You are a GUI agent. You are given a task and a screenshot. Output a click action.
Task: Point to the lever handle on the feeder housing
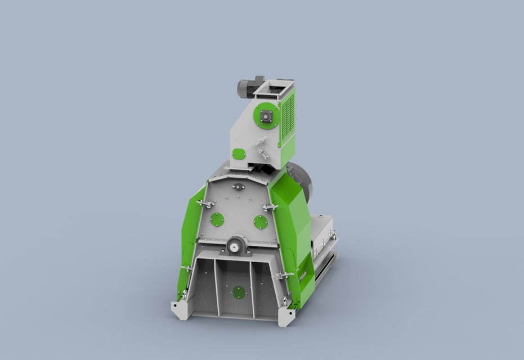point(261,149)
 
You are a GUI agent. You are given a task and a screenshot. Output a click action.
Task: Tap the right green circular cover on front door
point(259,222)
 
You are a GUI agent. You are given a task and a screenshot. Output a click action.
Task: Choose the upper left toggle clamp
point(205,202)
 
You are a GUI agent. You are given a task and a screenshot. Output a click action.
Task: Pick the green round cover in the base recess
point(239,292)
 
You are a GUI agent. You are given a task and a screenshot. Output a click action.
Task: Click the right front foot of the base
point(288,316)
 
